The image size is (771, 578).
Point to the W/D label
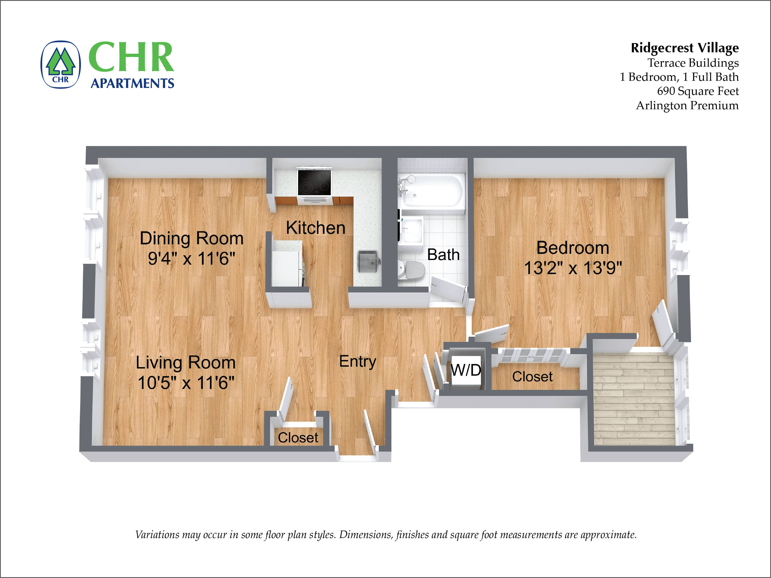tap(466, 370)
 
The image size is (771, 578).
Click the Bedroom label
tap(573, 248)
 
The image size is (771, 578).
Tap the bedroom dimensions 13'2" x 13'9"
tap(573, 268)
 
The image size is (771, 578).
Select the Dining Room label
tap(191, 238)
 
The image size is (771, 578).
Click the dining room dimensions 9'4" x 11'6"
tap(191, 259)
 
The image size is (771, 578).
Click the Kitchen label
tap(316, 228)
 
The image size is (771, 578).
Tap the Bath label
tap(443, 255)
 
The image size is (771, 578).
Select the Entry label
tap(358, 361)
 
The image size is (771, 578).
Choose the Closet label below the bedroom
tap(532, 377)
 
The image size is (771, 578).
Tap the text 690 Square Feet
tap(698, 91)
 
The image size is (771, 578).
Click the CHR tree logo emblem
tap(61, 65)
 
